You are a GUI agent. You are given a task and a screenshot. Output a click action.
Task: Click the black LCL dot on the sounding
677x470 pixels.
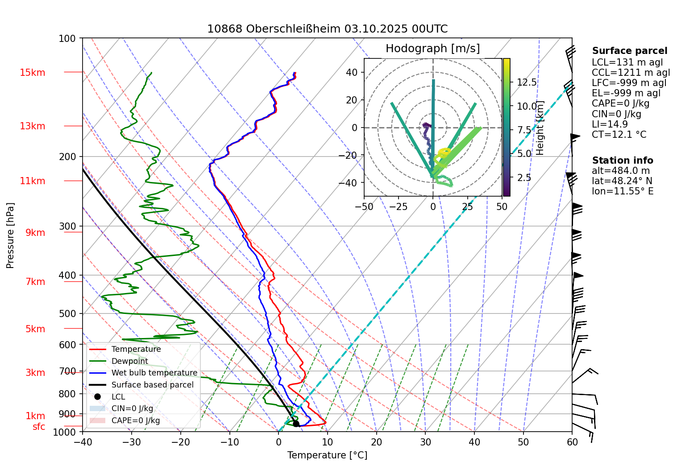click(x=296, y=424)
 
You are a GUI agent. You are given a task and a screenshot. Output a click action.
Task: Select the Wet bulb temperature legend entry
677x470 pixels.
click(x=154, y=373)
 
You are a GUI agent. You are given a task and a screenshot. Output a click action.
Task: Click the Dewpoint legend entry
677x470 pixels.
click(x=129, y=361)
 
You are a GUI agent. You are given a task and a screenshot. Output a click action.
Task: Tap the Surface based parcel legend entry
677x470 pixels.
click(x=152, y=385)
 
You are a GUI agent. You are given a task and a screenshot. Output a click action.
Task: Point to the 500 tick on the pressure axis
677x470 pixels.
click(x=67, y=313)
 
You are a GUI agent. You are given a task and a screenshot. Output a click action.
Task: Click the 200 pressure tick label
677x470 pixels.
click(x=67, y=157)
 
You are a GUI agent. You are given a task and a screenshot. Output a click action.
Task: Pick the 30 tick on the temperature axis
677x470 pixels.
click(x=425, y=442)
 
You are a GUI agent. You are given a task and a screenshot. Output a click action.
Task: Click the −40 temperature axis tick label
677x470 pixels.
click(x=83, y=442)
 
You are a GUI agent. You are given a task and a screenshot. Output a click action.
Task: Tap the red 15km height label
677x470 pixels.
click(x=32, y=73)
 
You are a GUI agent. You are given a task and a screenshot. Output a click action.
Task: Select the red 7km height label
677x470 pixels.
click(x=35, y=282)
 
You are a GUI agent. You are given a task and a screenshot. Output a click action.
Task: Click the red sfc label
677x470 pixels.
click(x=39, y=427)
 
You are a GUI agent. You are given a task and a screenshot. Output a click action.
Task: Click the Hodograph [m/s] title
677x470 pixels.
click(x=432, y=49)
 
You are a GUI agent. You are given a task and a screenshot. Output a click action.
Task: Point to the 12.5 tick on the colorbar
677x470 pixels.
click(x=527, y=82)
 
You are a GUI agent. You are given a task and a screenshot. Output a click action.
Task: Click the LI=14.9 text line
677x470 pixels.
click(x=610, y=124)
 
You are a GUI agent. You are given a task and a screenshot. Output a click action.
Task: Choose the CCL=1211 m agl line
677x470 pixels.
click(x=631, y=73)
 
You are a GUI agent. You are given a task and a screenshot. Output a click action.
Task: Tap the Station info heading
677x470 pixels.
click(x=623, y=161)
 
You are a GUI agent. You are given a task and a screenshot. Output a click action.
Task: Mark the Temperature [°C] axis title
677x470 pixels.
click(x=327, y=455)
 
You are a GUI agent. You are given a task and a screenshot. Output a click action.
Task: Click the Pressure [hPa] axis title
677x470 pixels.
click(x=10, y=235)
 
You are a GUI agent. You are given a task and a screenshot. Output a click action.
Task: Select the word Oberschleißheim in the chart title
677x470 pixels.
click(x=293, y=29)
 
